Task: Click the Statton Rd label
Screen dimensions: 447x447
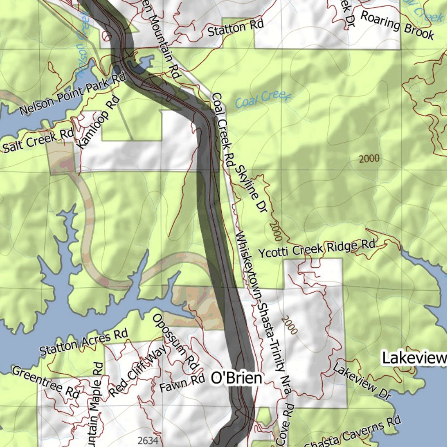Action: (236, 28)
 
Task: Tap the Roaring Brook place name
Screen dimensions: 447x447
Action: (397, 25)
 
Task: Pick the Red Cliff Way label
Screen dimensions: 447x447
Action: (138, 371)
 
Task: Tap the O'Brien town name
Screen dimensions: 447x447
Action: (237, 378)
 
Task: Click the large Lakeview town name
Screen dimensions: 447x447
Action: (414, 358)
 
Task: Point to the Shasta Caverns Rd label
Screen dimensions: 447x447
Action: (352, 434)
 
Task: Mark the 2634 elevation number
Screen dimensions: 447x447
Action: (147, 440)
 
